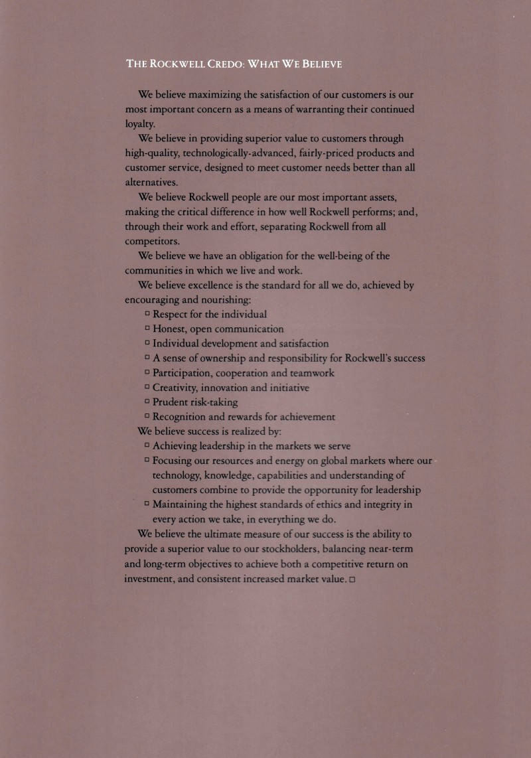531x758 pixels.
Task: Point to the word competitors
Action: point(150,241)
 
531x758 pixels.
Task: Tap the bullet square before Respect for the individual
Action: point(147,314)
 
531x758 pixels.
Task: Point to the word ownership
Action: point(216,358)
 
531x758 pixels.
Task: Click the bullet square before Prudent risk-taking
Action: point(147,402)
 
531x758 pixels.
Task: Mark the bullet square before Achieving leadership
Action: point(147,445)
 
